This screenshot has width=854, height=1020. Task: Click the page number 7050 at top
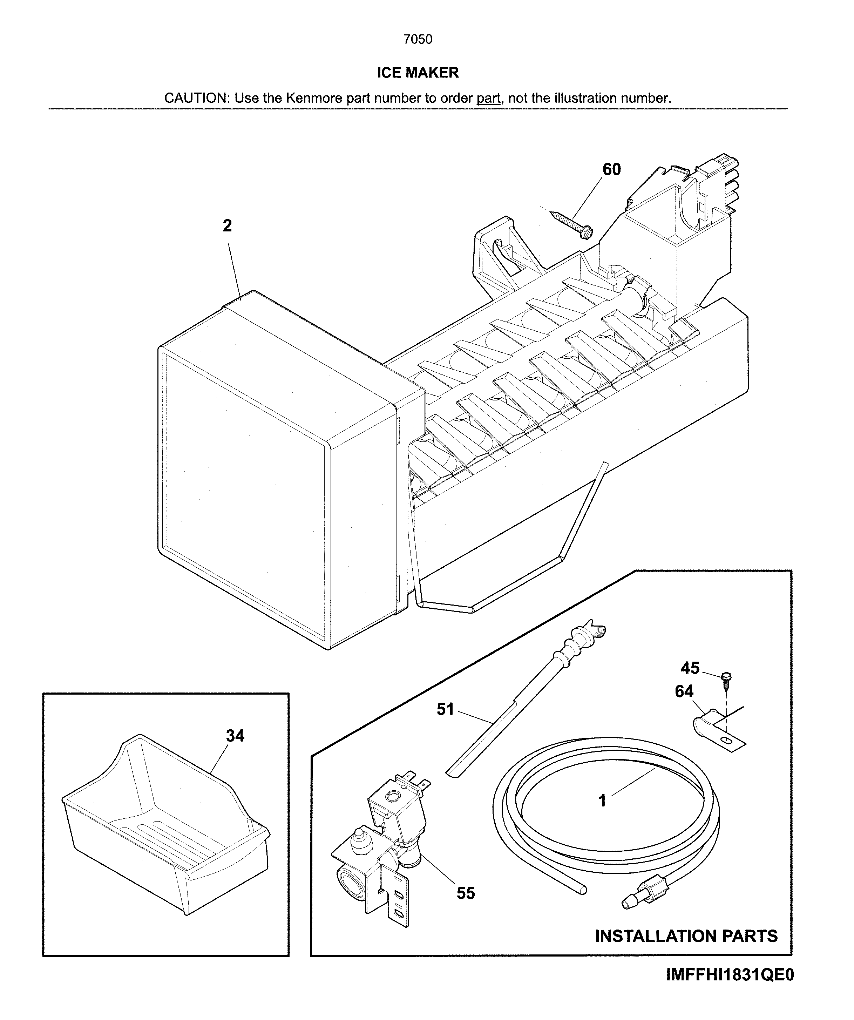coord(418,39)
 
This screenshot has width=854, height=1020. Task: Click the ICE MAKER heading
coord(418,73)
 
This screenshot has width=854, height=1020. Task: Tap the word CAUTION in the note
coord(196,98)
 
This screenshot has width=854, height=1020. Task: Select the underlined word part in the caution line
coord(488,98)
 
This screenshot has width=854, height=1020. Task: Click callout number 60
coord(611,169)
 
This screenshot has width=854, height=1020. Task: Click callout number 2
coord(227,226)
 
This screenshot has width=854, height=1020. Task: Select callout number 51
coord(445,710)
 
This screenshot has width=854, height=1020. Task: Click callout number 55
coord(466,893)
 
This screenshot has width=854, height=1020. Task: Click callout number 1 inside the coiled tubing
coord(603,801)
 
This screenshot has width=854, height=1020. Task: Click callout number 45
coord(690,668)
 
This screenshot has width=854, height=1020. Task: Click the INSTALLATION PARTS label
coord(686,936)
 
